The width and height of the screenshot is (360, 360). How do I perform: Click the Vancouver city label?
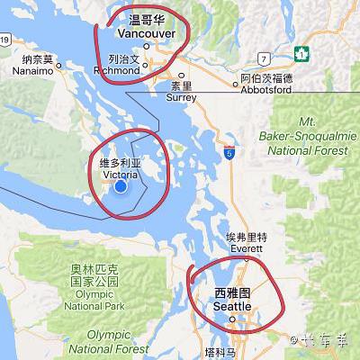click(147, 33)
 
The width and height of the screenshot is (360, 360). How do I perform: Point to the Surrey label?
click(181, 98)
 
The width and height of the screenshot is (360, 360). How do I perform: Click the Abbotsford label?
click(266, 89)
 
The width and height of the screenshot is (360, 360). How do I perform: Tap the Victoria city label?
click(121, 173)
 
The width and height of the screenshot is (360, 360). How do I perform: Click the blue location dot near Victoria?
click(121, 185)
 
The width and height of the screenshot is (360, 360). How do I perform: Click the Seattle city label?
click(233, 306)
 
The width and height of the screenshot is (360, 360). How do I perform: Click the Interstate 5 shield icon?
click(230, 154)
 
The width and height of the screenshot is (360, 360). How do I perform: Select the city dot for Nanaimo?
click(59, 65)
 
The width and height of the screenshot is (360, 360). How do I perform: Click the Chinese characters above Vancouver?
click(147, 20)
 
